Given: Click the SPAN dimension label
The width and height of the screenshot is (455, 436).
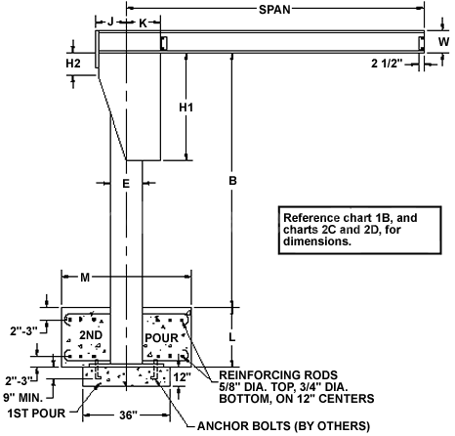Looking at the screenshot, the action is pyautogui.click(x=274, y=10).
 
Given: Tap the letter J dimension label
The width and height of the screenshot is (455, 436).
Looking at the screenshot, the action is pyautogui.click(x=110, y=22).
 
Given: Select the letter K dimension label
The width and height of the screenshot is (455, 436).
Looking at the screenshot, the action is pyautogui.click(x=144, y=22).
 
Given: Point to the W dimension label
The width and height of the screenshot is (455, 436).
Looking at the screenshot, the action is pyautogui.click(x=443, y=42).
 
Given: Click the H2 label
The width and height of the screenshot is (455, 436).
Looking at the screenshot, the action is pyautogui.click(x=73, y=64).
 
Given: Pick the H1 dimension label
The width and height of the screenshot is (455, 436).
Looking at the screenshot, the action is pyautogui.click(x=186, y=108).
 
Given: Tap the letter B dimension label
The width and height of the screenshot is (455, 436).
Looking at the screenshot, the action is pyautogui.click(x=232, y=181).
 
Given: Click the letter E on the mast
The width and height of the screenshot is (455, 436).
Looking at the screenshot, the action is pyautogui.click(x=126, y=184).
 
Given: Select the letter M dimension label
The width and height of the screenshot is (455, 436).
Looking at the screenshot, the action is pyautogui.click(x=85, y=278).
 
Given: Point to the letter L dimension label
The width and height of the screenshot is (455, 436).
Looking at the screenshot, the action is pyautogui.click(x=231, y=337).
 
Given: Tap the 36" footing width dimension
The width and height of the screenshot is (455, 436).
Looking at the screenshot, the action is pyautogui.click(x=128, y=415).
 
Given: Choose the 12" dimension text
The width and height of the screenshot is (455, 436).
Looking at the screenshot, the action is pyautogui.click(x=182, y=377).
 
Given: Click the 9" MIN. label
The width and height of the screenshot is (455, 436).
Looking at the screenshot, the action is pyautogui.click(x=23, y=398).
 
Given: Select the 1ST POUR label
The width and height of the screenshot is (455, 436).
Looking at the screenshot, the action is pyautogui.click(x=36, y=414).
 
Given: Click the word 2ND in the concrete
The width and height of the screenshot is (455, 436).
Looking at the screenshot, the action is pyautogui.click(x=91, y=335).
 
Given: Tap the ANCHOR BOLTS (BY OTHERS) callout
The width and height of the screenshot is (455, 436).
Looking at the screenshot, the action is pyautogui.click(x=283, y=426).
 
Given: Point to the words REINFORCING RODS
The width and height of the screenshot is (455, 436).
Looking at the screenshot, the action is pyautogui.click(x=278, y=374).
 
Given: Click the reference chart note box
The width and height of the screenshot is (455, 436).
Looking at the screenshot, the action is pyautogui.click(x=359, y=230).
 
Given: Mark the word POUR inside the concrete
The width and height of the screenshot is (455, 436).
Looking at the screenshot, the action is pyautogui.click(x=161, y=338).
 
